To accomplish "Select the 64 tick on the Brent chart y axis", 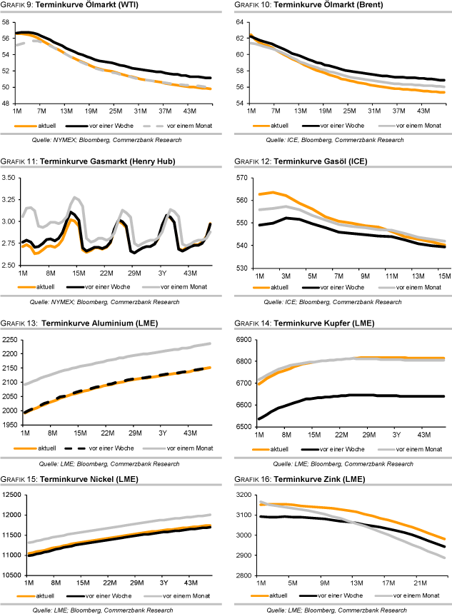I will click(x=240, y=22).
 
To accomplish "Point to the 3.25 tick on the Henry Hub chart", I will click(x=9, y=178).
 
